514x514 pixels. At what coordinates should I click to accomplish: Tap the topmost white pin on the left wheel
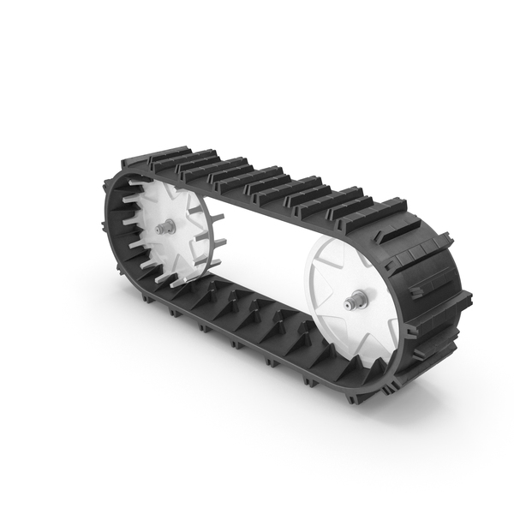[138, 184]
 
